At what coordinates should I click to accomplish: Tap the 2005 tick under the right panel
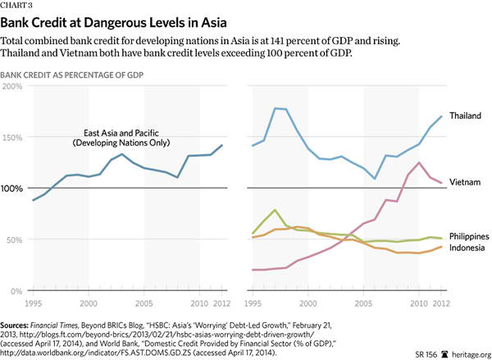tap(363, 302)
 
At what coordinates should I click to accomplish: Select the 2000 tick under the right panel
tap(308, 302)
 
